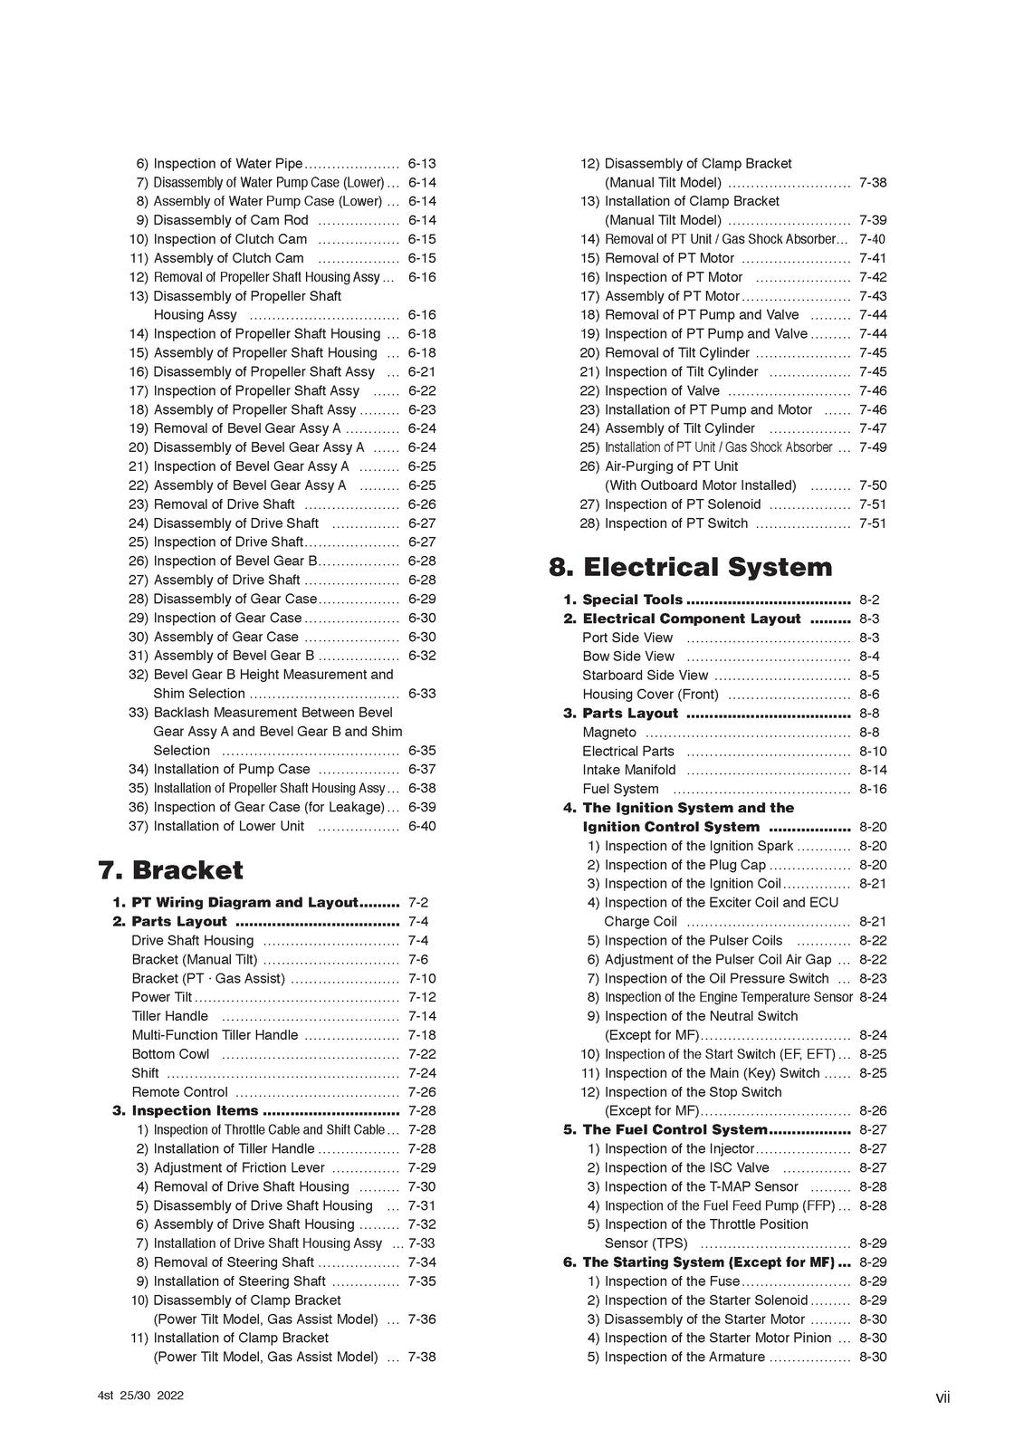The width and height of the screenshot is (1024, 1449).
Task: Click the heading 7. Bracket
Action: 170,870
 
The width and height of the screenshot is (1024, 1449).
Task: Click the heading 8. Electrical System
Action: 690,567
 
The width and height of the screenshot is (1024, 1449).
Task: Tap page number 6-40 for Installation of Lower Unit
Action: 421,826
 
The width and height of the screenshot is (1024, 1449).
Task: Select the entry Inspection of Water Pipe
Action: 228,164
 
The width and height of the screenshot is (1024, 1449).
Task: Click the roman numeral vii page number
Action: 943,1398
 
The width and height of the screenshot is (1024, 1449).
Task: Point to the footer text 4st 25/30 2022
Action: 140,1396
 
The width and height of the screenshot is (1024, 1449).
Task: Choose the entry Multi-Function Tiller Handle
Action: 215,1035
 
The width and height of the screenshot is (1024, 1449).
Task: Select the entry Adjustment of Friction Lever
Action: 239,1167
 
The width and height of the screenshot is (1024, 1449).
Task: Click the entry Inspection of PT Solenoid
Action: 683,504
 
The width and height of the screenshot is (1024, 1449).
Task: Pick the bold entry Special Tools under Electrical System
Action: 632,600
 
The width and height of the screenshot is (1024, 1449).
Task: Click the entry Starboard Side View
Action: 645,676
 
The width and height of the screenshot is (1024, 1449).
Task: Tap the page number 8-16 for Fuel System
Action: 873,789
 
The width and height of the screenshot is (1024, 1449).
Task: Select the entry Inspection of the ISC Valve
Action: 686,1167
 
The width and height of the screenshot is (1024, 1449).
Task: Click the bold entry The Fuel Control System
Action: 675,1129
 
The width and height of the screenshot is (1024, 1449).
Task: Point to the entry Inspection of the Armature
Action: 684,1357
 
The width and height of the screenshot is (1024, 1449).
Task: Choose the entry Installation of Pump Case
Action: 232,769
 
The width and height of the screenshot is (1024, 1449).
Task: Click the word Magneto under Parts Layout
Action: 609,732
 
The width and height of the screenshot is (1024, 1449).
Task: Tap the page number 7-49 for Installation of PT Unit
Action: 873,447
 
